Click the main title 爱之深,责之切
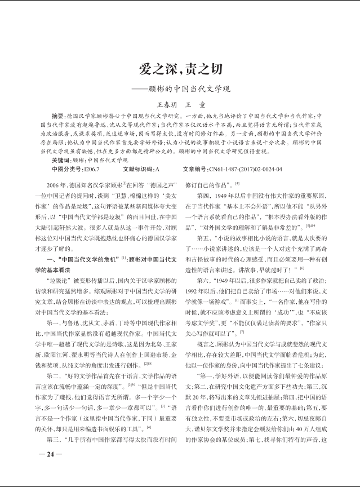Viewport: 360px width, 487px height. tap(180, 70)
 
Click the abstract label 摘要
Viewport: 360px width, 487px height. tap(58, 116)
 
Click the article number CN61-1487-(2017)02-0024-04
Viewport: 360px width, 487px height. tap(245, 169)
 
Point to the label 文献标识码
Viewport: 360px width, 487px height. tap(137, 169)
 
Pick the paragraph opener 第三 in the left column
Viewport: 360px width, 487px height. tap(55, 439)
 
